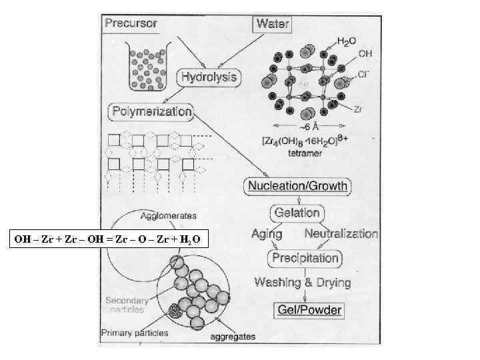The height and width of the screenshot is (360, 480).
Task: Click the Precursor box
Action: click(x=131, y=23)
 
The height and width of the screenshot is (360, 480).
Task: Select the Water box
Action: click(x=273, y=24)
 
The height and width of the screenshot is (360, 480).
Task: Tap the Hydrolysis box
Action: click(x=208, y=77)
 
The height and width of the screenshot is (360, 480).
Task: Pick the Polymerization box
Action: click(x=151, y=111)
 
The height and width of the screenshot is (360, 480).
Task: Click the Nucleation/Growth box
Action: click(x=298, y=185)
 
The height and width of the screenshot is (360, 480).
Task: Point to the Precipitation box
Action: click(x=304, y=258)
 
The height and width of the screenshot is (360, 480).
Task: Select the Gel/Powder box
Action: click(x=309, y=309)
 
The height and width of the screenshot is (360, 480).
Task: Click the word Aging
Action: click(x=267, y=235)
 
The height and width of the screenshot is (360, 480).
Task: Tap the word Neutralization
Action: click(x=341, y=235)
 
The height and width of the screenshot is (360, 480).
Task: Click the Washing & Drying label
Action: click(x=302, y=282)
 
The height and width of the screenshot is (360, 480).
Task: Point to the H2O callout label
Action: click(x=347, y=41)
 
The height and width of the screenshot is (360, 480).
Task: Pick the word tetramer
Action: click(x=305, y=153)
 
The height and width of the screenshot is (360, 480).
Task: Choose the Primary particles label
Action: click(x=135, y=333)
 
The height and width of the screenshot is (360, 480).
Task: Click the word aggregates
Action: click(x=233, y=337)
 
